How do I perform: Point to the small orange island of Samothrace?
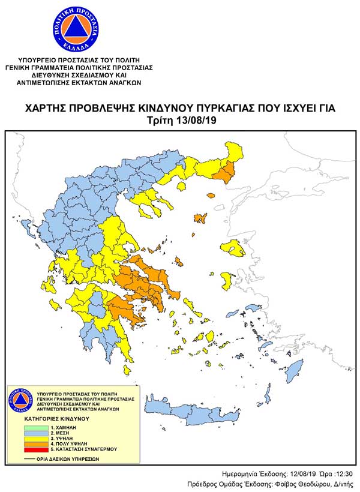click(x=211, y=196)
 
